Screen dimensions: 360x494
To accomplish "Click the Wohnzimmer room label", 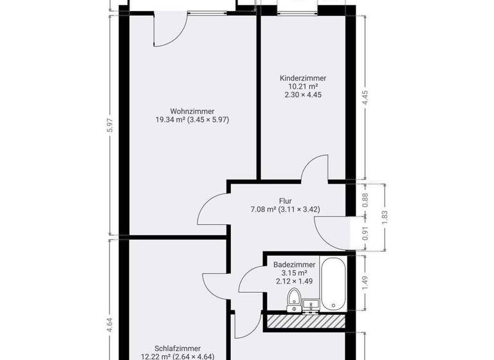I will [x=192, y=111].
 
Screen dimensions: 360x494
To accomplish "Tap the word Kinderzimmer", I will [x=302, y=78].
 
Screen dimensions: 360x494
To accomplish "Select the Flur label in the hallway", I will [x=286, y=200].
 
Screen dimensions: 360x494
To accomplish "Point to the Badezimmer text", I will [x=294, y=264].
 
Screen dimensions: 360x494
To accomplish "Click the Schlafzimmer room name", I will [x=178, y=348].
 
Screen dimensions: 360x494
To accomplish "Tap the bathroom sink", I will [x=311, y=304].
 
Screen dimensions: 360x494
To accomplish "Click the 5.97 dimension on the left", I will [x=110, y=126].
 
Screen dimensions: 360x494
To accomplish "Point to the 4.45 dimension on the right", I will [x=365, y=98].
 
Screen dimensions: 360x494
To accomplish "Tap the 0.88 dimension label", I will [x=365, y=200].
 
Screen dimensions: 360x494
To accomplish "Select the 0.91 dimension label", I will [x=365, y=233].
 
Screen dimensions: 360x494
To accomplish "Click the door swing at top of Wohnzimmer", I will [x=171, y=31].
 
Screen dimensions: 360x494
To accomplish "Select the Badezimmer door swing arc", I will [x=250, y=280].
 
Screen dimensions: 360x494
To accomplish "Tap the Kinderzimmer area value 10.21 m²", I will [x=302, y=87].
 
